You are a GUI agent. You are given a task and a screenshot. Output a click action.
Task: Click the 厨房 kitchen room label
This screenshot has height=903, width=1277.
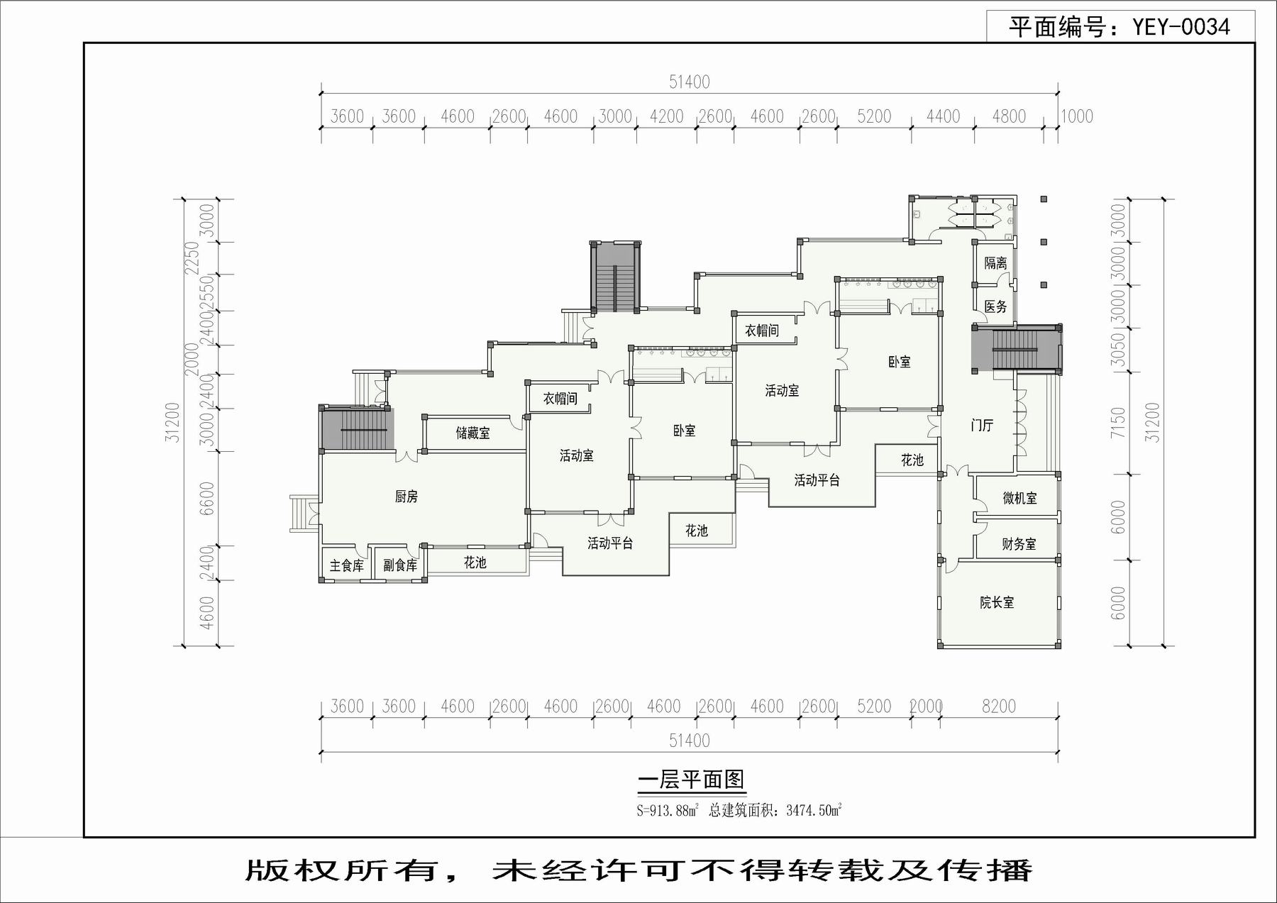point(407,497)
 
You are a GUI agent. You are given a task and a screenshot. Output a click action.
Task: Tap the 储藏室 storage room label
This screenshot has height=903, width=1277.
point(472,433)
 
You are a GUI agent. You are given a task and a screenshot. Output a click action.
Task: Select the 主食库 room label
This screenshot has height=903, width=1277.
point(347,565)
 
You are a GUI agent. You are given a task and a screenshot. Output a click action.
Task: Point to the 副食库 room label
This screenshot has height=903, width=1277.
point(400,565)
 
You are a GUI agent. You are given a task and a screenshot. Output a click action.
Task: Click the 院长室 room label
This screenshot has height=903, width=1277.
point(997,602)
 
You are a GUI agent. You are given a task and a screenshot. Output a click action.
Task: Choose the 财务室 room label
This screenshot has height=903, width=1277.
point(1019,544)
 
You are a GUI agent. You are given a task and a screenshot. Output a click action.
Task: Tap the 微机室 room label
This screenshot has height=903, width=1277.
point(1019,498)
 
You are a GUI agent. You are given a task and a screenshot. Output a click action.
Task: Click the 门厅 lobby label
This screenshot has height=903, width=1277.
point(982,425)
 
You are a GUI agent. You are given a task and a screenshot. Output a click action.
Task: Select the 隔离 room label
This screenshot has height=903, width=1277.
point(995,262)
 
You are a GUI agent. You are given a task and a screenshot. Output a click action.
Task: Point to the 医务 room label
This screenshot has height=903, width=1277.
point(995,306)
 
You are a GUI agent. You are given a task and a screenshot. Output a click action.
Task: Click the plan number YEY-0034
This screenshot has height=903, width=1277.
point(1181,27)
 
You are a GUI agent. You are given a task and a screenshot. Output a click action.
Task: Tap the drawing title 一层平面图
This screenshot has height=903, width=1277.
point(691,780)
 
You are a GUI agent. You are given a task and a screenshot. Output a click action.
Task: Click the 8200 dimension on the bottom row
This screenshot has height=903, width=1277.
point(999,707)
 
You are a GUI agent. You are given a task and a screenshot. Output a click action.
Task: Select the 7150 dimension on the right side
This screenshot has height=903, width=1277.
point(1118,422)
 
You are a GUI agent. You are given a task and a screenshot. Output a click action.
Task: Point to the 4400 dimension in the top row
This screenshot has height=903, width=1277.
point(943,116)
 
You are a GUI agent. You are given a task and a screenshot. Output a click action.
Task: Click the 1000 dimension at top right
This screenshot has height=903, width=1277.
point(1077,116)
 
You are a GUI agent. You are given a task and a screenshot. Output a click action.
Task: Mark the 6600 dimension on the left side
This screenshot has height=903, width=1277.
point(206,498)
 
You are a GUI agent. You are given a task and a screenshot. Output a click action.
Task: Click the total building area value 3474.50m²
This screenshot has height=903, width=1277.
point(814,810)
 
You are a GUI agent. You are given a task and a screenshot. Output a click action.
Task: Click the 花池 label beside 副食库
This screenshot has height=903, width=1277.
point(475,563)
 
